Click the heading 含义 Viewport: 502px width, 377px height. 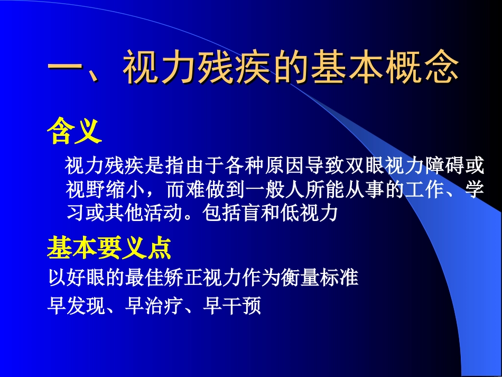[x=75, y=132]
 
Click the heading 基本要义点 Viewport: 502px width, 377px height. [x=109, y=247]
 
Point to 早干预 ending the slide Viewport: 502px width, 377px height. [x=233, y=306]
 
